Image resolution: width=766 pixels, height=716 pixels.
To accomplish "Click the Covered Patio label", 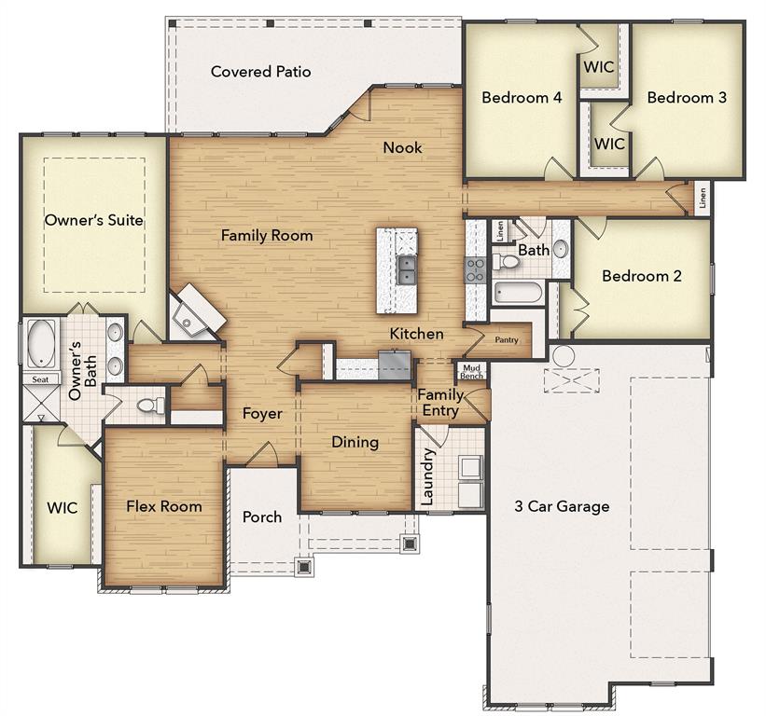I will click(260, 72).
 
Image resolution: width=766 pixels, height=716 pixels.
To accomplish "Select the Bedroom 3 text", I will click(687, 97).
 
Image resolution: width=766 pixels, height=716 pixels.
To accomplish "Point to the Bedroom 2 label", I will click(641, 276).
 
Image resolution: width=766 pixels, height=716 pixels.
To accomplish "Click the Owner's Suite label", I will click(94, 221).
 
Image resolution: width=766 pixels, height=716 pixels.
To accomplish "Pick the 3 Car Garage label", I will click(562, 506).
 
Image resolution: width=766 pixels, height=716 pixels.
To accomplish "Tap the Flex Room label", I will click(164, 506).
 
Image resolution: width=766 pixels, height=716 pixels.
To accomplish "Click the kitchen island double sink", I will click(408, 270).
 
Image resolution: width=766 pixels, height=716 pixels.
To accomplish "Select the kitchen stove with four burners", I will click(475, 270).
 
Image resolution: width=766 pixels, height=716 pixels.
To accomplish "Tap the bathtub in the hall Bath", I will click(517, 293).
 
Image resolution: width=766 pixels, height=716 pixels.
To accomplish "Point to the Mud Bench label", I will click(471, 371).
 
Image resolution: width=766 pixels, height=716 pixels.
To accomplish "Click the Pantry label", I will click(506, 341).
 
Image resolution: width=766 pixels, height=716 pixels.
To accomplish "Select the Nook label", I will click(402, 147).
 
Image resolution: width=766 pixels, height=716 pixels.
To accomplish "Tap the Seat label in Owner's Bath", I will click(40, 379).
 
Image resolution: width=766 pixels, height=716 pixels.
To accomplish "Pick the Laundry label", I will click(427, 476).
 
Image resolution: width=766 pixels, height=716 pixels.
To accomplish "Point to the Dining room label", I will click(355, 442).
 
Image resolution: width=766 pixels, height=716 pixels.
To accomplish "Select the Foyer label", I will click(262, 414).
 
